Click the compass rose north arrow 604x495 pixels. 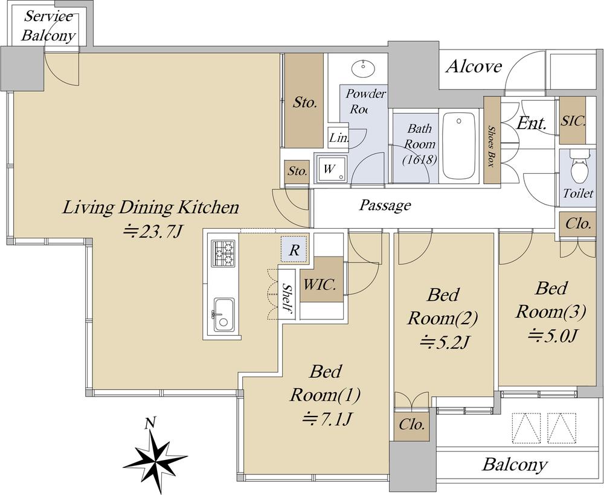(x=156, y=453)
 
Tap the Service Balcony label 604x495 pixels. (x=48, y=26)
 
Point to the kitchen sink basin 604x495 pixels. (x=224, y=315)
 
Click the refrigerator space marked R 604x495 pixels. (x=294, y=250)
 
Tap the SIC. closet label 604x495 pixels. (x=573, y=121)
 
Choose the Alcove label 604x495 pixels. (x=474, y=66)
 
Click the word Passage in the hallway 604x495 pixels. (x=385, y=205)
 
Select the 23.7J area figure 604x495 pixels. (x=152, y=232)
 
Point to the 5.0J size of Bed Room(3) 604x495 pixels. (x=551, y=336)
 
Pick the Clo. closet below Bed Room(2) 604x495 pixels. (x=412, y=424)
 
